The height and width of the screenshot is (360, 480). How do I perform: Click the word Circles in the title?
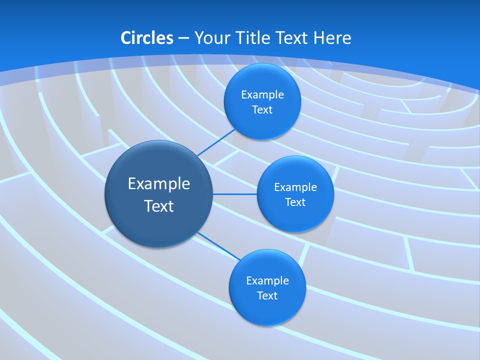pos(147,38)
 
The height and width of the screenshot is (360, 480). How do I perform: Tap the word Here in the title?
pos(332,38)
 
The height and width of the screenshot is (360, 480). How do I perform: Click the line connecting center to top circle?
pos(217,142)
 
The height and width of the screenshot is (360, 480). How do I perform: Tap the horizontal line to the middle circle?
pos(235,194)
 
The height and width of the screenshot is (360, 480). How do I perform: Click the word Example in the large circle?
pos(159,184)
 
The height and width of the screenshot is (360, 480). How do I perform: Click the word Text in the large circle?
pos(159,206)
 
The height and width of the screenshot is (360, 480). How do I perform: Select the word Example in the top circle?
pos(262,95)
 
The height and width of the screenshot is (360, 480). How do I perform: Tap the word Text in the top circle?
pos(262,110)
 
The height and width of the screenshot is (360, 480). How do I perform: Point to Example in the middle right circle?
pos(295,187)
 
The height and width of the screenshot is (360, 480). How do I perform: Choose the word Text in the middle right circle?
pos(295,202)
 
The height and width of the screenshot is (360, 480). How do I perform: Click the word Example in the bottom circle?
pos(267,281)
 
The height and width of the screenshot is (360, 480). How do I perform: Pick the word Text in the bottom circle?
pos(267,296)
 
